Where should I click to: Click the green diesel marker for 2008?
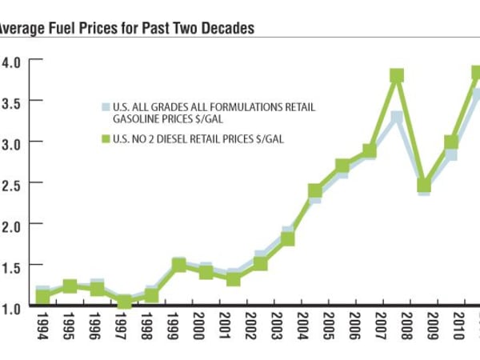click(x=396, y=76)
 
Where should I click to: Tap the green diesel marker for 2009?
click(x=424, y=186)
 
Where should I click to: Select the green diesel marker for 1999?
click(x=179, y=265)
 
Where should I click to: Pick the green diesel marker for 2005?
click(x=315, y=191)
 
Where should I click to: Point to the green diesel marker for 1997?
click(x=124, y=302)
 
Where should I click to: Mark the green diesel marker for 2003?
click(x=288, y=239)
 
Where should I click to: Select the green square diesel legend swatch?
click(x=103, y=138)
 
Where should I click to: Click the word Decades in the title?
click(x=223, y=29)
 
